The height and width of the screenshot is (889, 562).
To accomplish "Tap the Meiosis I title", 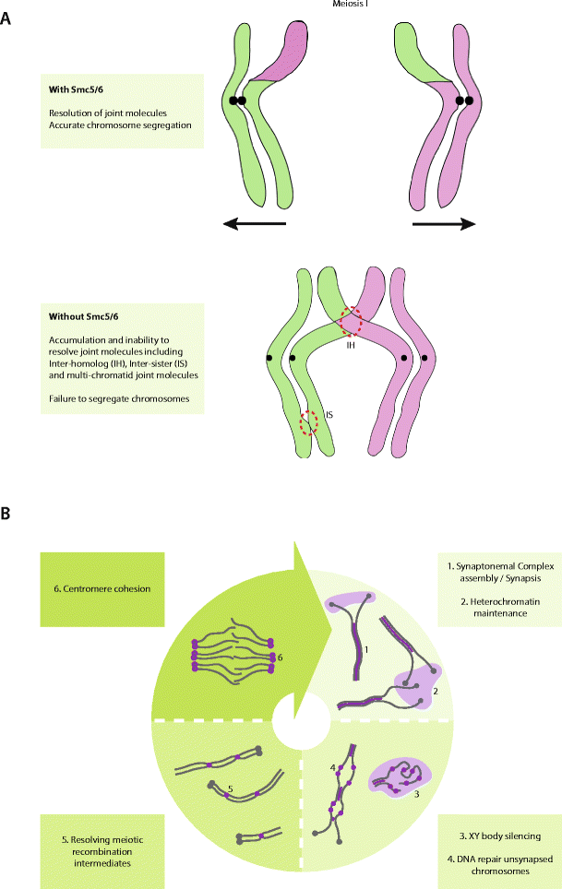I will pos(353,5).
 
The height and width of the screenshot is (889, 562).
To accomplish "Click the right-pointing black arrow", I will pos(444,222).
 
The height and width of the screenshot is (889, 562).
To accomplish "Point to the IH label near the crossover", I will pos(351,344).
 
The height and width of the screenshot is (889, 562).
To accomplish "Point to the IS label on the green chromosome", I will pos(329,415).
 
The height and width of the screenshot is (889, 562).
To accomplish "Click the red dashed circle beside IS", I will pos(309,425).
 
